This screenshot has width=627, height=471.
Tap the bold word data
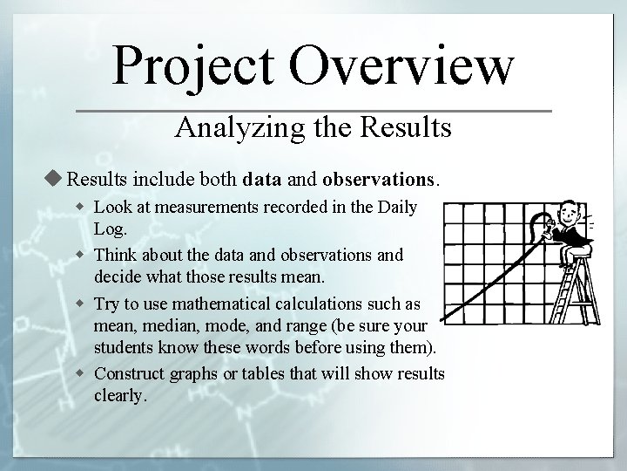(262, 181)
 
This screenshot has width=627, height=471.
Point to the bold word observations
(377, 181)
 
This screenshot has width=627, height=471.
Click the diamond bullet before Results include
(57, 181)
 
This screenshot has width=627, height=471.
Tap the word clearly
(119, 396)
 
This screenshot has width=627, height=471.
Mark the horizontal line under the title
(313, 112)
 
